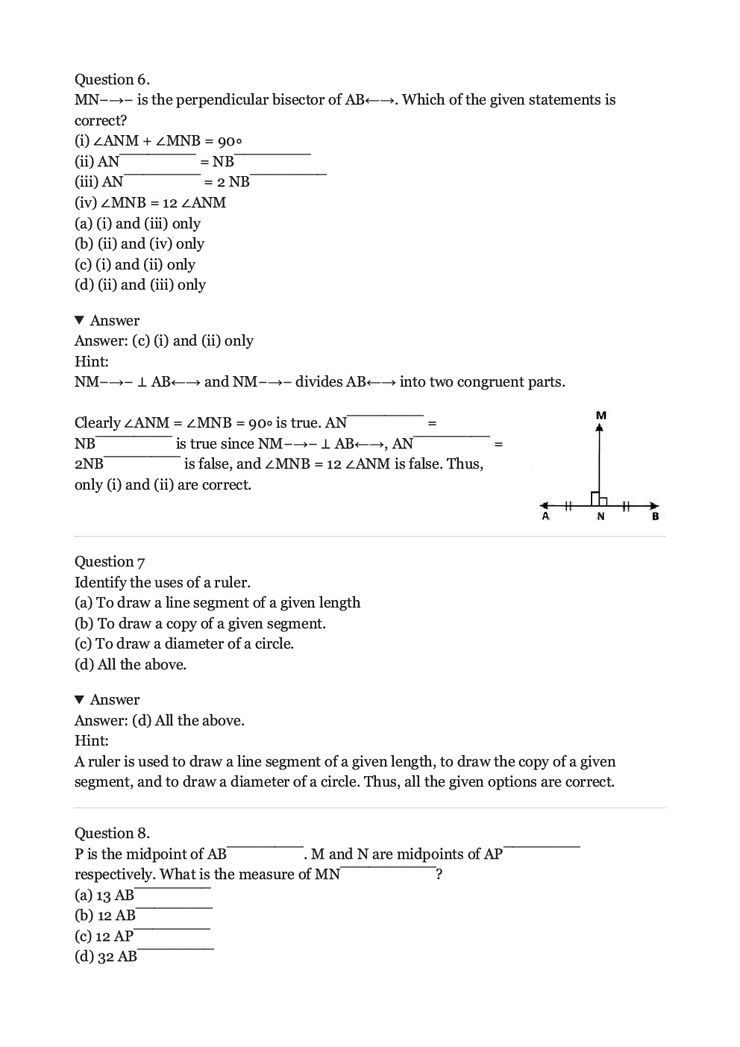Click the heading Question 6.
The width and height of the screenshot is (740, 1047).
tap(112, 79)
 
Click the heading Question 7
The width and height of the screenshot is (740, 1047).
tap(110, 561)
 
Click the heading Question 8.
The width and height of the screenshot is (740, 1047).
tap(112, 833)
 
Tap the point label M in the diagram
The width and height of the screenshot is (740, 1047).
tap(601, 415)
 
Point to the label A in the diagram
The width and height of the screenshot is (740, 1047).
tap(545, 516)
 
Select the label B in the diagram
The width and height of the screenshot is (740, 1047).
tap(655, 516)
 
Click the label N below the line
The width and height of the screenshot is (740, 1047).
tap(601, 516)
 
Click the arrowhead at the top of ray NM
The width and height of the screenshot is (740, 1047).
tap(598, 428)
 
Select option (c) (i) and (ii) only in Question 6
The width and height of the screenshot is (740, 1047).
tap(135, 264)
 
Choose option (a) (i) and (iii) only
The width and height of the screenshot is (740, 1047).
tap(137, 223)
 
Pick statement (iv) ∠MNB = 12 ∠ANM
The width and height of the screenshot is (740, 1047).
tap(150, 202)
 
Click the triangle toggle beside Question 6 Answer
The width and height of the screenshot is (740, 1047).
tap(80, 320)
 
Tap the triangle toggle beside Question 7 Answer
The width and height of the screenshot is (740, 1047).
tap(80, 699)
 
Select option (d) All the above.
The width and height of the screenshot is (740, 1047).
tap(131, 664)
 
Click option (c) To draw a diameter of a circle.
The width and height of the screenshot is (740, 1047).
tap(184, 643)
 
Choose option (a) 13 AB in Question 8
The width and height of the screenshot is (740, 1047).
tap(104, 895)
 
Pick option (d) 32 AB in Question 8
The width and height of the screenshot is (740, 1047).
tap(106, 956)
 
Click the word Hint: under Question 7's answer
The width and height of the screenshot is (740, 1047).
tap(91, 740)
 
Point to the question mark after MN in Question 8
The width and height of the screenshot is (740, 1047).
tap(439, 874)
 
